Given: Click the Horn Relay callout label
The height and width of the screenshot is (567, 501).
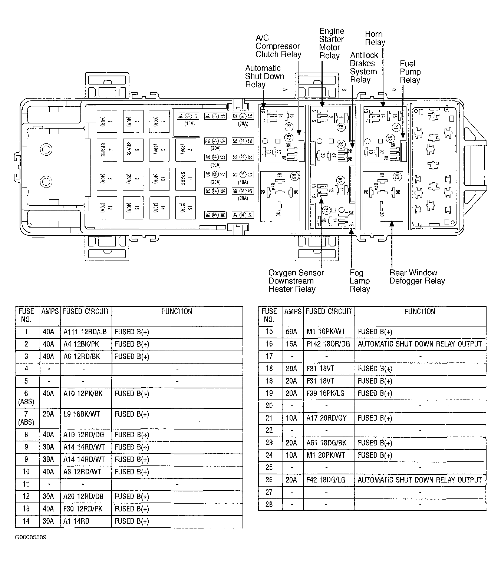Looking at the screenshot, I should (375, 38).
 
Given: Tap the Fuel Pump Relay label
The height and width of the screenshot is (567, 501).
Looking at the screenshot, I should (410, 72).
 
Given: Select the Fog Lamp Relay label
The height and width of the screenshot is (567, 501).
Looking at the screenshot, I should (359, 281).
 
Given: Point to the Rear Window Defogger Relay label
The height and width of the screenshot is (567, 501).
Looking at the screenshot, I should (417, 277).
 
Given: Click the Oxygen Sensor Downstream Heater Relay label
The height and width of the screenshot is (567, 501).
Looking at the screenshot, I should (296, 281).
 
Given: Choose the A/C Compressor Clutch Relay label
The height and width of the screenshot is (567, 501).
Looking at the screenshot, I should (278, 46).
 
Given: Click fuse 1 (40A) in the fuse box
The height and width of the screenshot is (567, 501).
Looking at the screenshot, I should (106, 121).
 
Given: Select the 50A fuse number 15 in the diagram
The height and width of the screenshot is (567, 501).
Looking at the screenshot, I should (185, 208).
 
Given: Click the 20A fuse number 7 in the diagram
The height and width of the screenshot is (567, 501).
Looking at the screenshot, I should (185, 150).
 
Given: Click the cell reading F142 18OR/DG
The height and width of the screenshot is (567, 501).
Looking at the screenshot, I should (328, 344).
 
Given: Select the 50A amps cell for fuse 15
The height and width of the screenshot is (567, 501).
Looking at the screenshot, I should (291, 332).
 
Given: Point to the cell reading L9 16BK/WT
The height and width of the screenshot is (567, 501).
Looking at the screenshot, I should (82, 414).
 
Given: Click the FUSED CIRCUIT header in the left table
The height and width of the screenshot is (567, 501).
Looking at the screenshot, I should (86, 312).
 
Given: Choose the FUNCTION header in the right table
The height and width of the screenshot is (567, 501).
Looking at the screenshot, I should (420, 312).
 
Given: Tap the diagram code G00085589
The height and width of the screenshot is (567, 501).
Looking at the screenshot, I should (31, 537).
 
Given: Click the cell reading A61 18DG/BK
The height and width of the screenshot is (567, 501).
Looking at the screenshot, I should (326, 443).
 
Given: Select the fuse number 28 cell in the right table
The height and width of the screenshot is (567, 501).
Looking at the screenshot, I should (269, 504).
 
